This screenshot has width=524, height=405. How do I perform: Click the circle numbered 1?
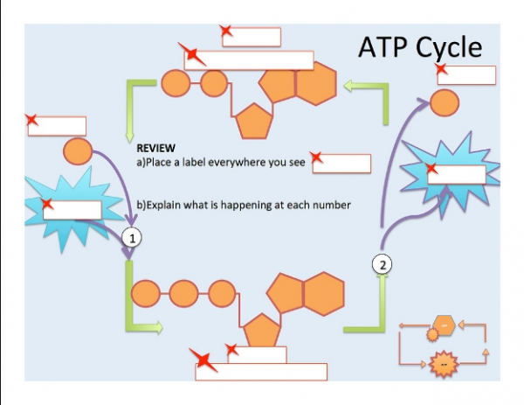(x=132, y=238)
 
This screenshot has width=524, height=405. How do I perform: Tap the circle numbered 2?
(x=383, y=264)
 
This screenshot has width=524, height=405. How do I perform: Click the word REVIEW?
(x=155, y=148)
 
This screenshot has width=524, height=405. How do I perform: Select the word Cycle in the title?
(x=449, y=47)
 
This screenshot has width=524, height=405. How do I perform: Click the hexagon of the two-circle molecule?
(x=316, y=84)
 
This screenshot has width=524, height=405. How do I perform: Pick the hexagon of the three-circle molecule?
(x=323, y=294)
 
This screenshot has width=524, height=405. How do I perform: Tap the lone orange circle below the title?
(x=445, y=103)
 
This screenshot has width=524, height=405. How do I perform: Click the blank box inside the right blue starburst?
(x=457, y=174)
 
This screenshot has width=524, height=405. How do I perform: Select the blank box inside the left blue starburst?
(x=72, y=210)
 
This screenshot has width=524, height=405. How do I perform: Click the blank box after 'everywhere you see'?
(x=341, y=164)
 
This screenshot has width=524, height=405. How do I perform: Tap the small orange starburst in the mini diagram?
(x=444, y=364)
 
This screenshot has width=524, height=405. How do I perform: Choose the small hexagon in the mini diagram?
(x=445, y=325)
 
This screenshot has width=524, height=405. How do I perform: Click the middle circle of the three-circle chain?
(x=183, y=294)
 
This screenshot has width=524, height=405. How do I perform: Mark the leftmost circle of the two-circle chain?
(x=176, y=83)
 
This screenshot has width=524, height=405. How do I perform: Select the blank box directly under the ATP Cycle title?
(x=466, y=75)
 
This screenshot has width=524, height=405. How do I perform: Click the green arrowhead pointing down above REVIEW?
(x=129, y=136)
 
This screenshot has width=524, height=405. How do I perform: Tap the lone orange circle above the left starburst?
(x=78, y=151)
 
